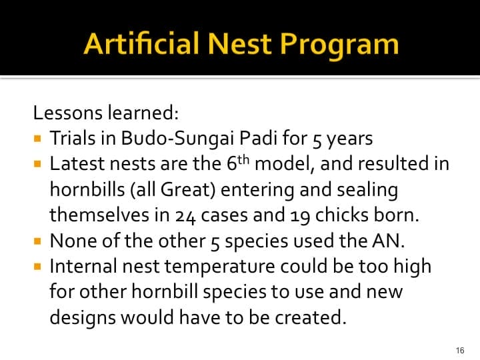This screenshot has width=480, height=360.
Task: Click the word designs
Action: [83, 317]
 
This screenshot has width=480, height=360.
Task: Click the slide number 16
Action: [459, 350]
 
